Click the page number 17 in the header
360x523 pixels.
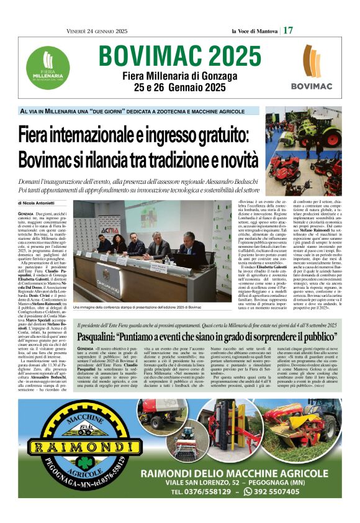(289, 30)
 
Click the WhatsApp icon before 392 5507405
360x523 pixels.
(248, 491)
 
